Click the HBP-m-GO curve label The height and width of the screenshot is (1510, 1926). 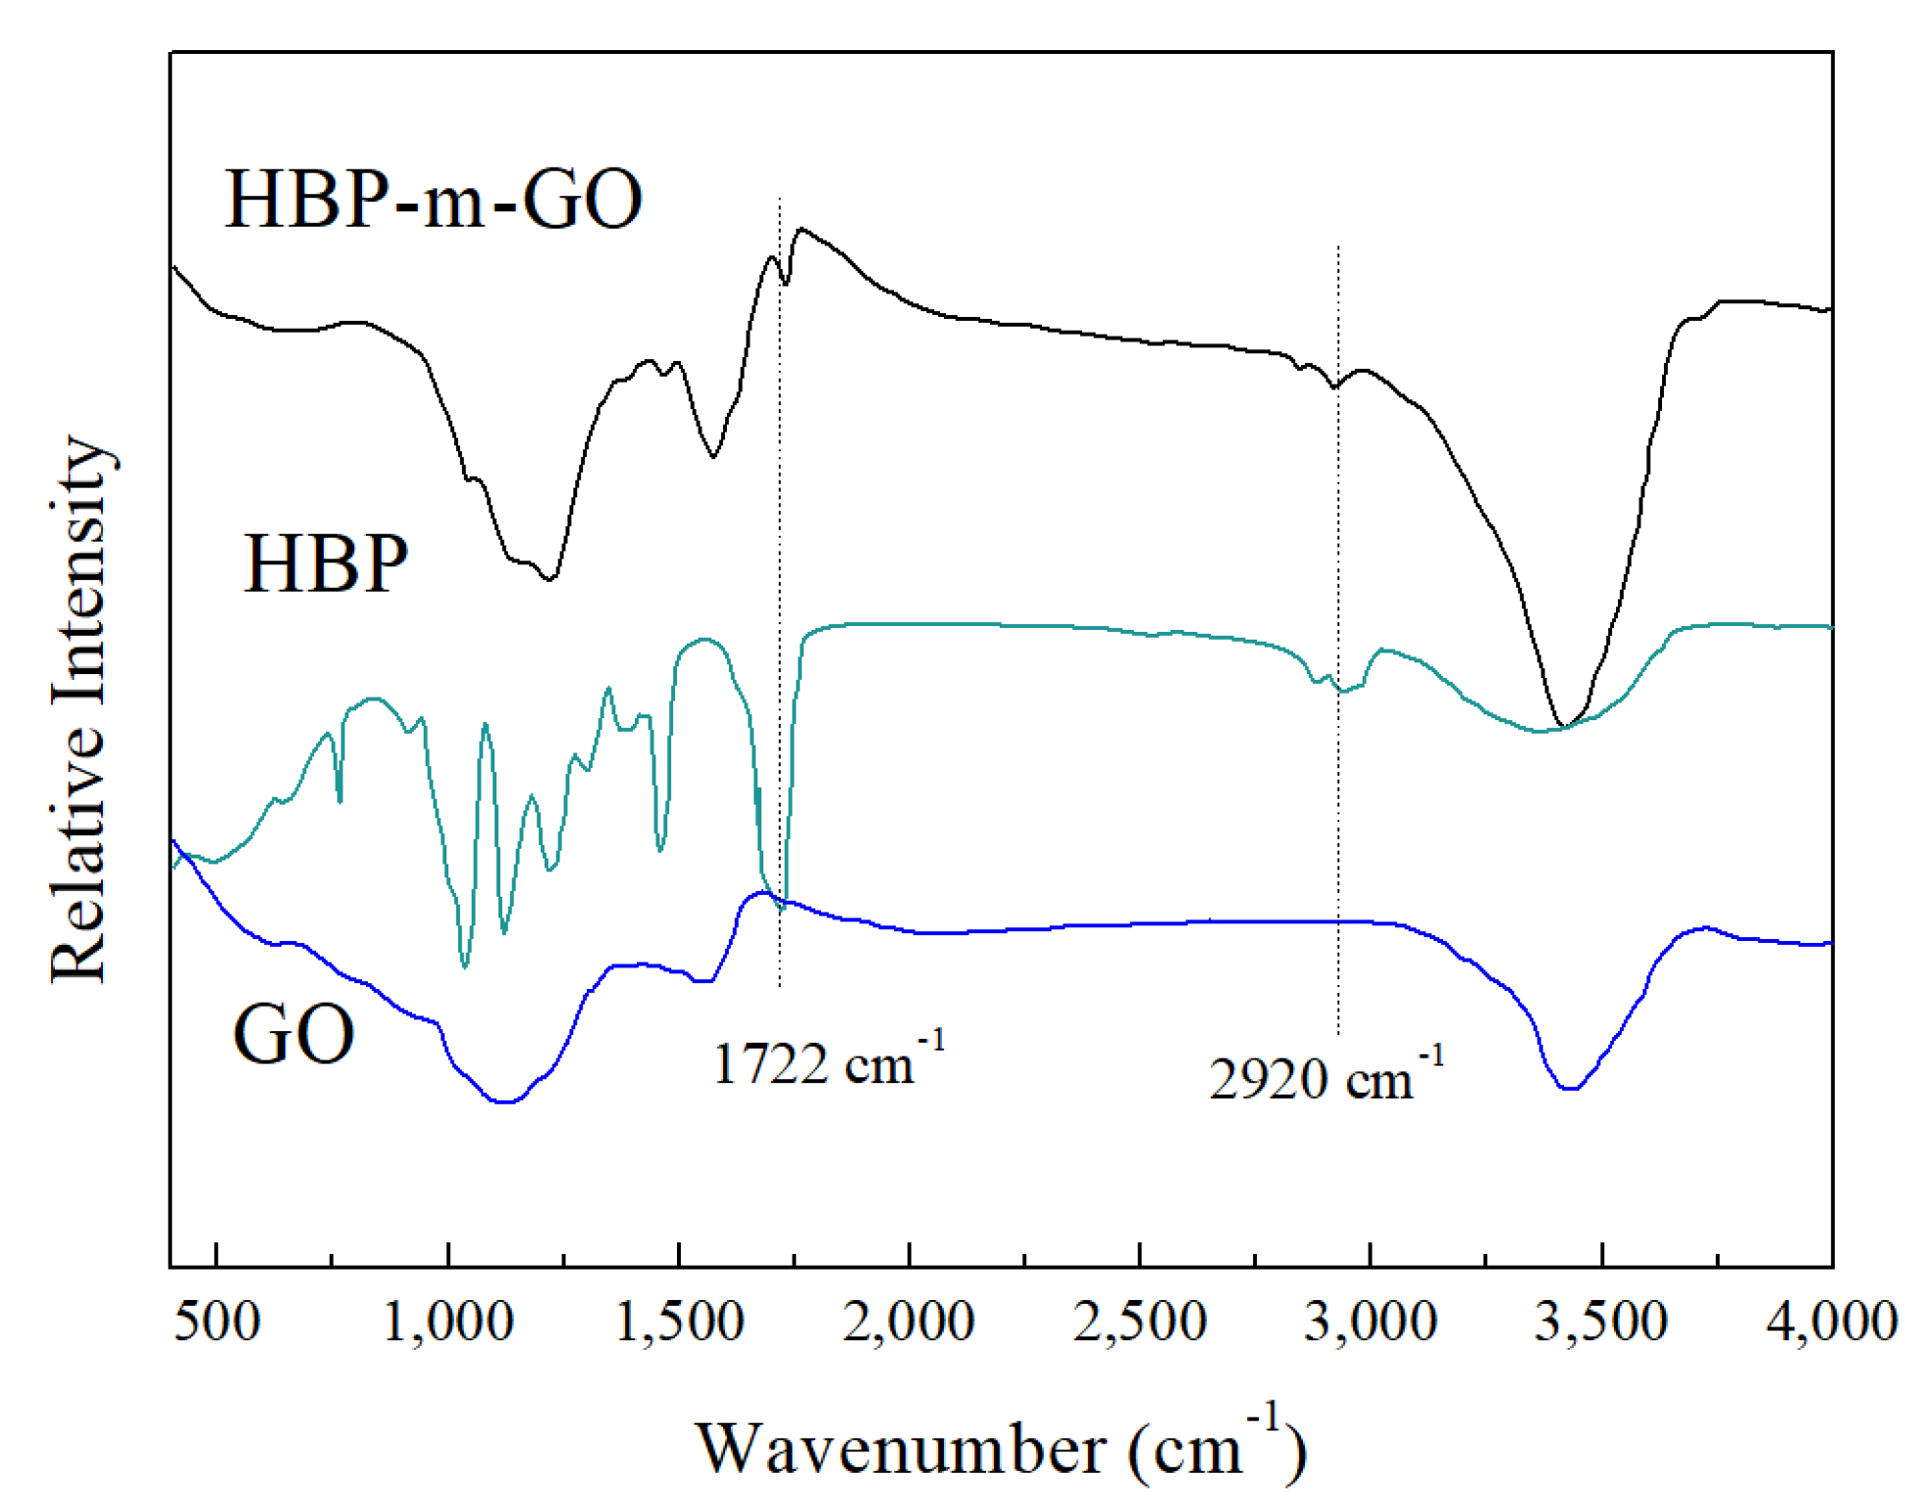coord(434,199)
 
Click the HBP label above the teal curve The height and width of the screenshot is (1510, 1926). coord(325,564)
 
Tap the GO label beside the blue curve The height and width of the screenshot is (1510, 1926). coord(293,1034)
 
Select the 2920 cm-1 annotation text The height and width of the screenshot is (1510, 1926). coord(1326,1076)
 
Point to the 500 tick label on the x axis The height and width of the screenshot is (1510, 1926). coord(216,1321)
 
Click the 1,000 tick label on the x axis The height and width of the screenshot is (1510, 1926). coord(447,1321)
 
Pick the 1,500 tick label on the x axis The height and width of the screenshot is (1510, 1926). coord(679,1321)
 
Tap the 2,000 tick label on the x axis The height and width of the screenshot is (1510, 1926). coord(909,1321)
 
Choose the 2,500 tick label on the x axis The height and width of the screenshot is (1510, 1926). coord(1139,1321)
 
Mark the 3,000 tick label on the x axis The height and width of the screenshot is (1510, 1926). coord(1371,1321)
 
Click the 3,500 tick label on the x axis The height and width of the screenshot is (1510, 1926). coord(1601,1321)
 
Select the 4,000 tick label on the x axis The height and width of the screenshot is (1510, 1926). coord(1831,1321)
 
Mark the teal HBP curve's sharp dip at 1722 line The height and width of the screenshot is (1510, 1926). coord(782,909)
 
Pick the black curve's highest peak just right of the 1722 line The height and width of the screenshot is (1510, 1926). coord(802,230)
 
